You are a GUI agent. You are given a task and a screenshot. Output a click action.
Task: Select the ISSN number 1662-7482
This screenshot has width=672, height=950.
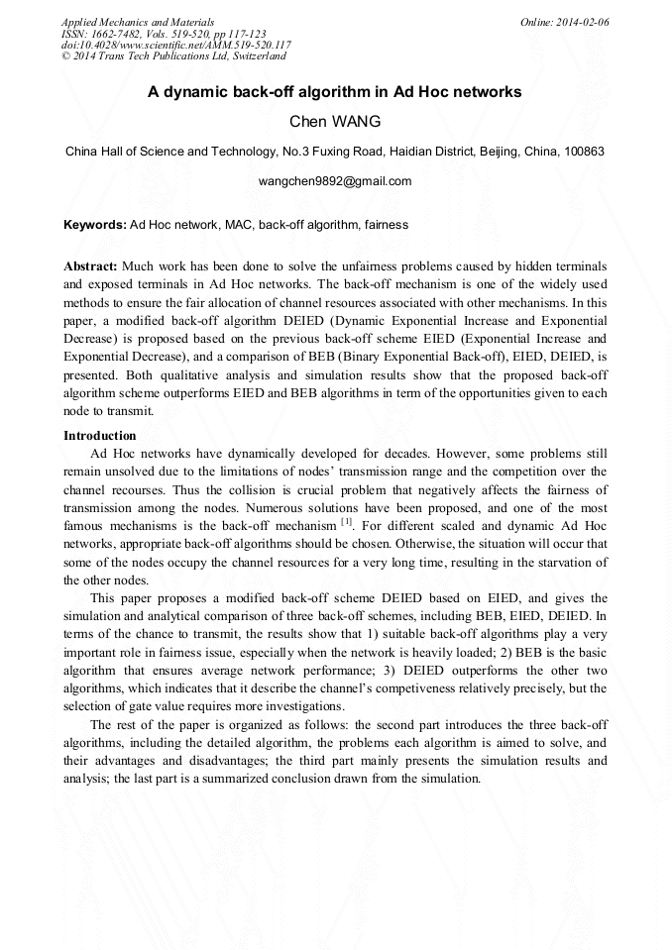click(x=112, y=33)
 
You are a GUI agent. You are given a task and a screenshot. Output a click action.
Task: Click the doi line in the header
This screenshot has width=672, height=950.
click(x=175, y=45)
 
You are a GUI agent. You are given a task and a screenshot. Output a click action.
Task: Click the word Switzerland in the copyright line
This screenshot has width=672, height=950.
click(x=256, y=55)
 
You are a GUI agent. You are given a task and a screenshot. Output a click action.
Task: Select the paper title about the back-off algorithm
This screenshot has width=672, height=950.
click(x=335, y=92)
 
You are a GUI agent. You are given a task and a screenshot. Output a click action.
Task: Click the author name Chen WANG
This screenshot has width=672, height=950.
click(x=335, y=122)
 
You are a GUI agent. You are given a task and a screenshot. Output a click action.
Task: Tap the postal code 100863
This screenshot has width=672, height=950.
click(x=582, y=153)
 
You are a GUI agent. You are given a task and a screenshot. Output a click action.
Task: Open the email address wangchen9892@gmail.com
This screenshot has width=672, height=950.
click(x=335, y=181)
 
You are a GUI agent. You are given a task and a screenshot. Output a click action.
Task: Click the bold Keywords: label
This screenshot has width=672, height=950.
click(x=95, y=225)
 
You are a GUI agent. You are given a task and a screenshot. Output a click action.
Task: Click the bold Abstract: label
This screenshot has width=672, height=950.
click(x=91, y=267)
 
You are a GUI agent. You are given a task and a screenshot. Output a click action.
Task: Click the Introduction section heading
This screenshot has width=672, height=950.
click(x=100, y=436)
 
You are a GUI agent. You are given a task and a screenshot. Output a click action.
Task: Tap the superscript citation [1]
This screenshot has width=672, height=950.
click(x=347, y=521)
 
